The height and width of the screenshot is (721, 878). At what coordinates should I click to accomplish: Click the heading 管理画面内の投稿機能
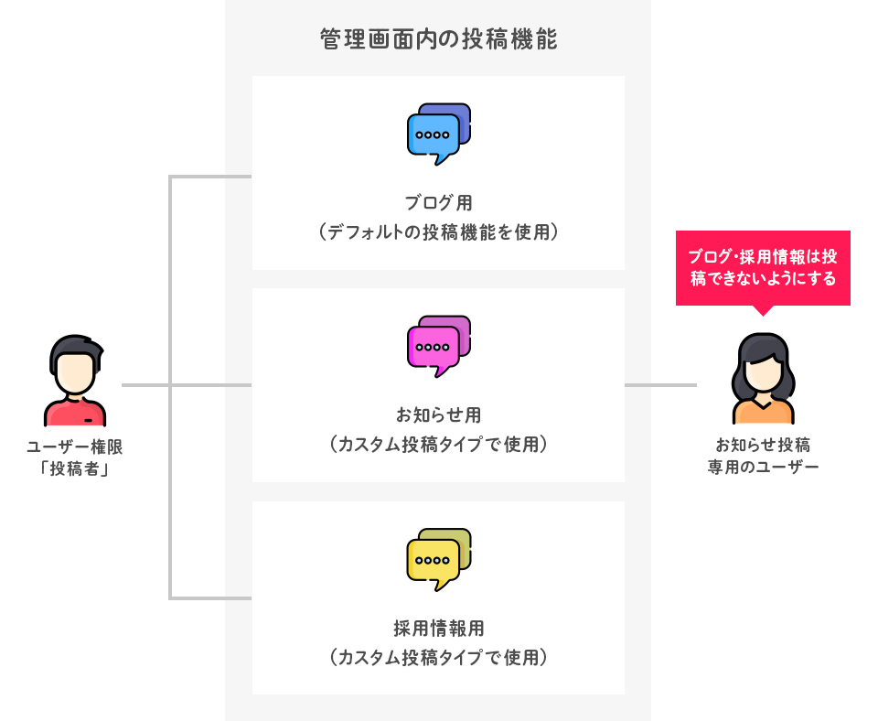438,40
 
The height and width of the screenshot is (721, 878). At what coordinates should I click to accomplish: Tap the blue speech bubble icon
437,134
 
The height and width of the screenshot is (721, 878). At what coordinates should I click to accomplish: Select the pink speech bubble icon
437,346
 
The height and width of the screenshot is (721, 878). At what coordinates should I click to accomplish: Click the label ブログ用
438,202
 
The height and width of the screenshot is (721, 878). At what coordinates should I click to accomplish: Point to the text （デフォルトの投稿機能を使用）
438,232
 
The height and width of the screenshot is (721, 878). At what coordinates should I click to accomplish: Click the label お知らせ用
438,414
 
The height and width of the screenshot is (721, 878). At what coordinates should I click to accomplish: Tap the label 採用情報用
438,628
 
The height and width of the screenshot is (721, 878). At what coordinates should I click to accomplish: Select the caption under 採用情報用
438,658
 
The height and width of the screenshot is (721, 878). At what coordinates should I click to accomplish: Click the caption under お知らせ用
438,445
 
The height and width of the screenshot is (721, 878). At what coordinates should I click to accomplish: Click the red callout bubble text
762,267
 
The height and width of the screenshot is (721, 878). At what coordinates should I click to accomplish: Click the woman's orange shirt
763,413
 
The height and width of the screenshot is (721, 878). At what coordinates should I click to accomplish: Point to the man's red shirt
75,414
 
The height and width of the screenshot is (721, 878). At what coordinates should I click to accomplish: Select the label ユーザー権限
75,447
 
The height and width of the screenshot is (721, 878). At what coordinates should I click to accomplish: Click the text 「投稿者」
75,469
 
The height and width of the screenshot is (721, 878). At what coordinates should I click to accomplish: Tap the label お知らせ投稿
763,446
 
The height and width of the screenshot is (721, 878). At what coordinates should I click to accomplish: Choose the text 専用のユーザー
763,468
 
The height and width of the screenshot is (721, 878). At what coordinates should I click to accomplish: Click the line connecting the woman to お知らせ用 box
660,385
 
